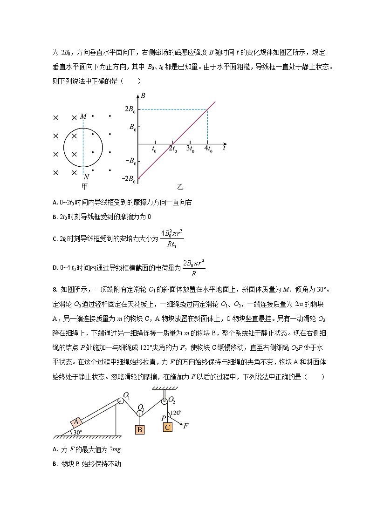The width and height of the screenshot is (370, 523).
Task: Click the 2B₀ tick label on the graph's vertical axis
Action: [130, 110]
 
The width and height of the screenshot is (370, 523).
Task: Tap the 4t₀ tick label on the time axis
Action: [208, 149]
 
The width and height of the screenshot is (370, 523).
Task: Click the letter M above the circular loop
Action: [83, 116]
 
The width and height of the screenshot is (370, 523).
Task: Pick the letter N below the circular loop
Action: [86, 177]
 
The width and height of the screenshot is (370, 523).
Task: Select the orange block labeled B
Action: [139, 429]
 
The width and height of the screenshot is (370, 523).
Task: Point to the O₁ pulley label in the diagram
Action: [126, 396]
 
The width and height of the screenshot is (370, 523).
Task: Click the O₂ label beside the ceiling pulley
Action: [171, 400]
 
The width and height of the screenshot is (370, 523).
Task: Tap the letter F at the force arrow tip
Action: [185, 425]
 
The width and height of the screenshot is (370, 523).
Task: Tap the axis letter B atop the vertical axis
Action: [143, 96]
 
